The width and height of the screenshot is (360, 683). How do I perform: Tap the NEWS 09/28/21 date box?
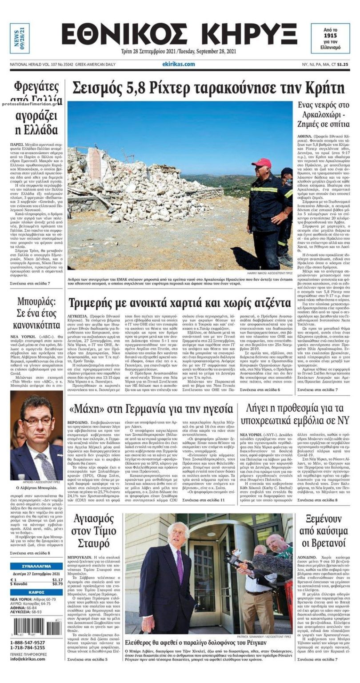(20, 38)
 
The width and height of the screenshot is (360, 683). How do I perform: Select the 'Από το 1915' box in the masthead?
(330, 38)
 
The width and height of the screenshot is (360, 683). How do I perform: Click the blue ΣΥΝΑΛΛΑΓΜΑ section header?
(36, 566)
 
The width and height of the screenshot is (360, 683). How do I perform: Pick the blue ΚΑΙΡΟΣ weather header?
(36, 592)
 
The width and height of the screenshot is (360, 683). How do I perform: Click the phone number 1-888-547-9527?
(28, 643)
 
